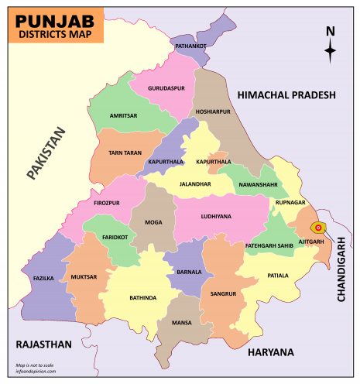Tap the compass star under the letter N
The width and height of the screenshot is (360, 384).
331,52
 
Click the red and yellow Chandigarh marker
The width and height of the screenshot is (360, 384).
318,228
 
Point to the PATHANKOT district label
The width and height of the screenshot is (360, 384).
190,46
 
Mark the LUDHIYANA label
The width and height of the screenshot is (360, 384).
215,217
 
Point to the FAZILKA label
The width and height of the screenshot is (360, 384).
43,276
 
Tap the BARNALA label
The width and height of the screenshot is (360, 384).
190,273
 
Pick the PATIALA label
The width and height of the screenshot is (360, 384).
277,276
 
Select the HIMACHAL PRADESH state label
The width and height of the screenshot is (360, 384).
286,94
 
